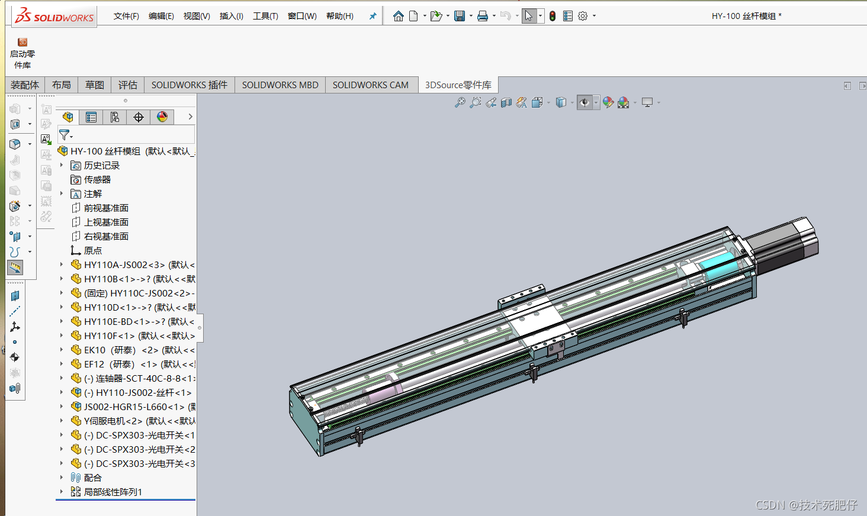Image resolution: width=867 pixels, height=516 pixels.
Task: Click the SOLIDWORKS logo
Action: point(54,16)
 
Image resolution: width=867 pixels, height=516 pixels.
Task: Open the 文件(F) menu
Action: point(126,16)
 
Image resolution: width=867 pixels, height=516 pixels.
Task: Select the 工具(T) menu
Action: point(265,16)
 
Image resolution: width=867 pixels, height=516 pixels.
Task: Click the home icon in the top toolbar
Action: point(399,16)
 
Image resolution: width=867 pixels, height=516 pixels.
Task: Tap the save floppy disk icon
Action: point(460,16)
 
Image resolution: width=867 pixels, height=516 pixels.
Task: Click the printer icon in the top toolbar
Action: point(482,16)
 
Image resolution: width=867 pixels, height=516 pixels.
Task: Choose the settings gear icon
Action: point(583,16)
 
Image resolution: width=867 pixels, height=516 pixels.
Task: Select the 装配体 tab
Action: point(25,85)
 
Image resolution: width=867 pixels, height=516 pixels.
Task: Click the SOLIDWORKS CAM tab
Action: point(370,85)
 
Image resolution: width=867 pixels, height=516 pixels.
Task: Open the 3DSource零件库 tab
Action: point(458,85)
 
